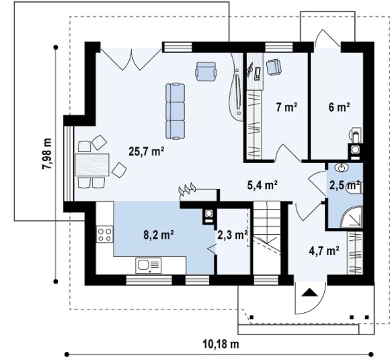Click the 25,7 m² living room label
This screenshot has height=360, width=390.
click(x=147, y=151)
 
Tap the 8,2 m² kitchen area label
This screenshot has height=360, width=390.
click(x=159, y=235)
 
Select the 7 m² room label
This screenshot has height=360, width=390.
click(x=286, y=107)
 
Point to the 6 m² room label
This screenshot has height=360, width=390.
click(x=340, y=107)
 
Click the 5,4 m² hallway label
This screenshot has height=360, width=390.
click(x=262, y=185)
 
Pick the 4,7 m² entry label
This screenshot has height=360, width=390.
click(x=324, y=251)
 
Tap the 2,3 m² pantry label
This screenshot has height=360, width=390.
click(x=232, y=235)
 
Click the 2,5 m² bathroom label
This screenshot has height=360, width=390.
click(x=345, y=185)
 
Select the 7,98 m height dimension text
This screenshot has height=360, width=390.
click(x=47, y=153)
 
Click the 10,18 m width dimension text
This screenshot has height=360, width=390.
click(x=221, y=344)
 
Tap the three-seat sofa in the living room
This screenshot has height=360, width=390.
click(x=175, y=111)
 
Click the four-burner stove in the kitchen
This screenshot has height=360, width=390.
click(x=104, y=235)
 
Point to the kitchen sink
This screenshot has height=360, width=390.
click(x=148, y=265)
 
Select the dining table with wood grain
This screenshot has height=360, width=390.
click(x=92, y=165)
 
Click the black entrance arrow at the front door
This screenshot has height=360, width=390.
click(x=310, y=292)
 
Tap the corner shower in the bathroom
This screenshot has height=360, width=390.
click(x=352, y=216)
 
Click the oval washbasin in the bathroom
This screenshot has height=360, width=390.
click(x=342, y=168)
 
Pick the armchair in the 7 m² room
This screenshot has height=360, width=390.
click(x=274, y=67)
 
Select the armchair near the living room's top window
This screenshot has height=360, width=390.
click(x=206, y=71)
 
